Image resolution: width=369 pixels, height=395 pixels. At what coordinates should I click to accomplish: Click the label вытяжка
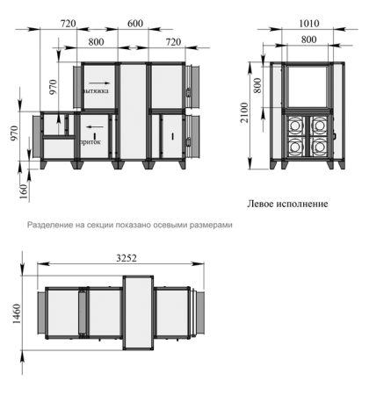96,89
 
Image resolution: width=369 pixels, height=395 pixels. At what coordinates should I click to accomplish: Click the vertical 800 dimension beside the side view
257,86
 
